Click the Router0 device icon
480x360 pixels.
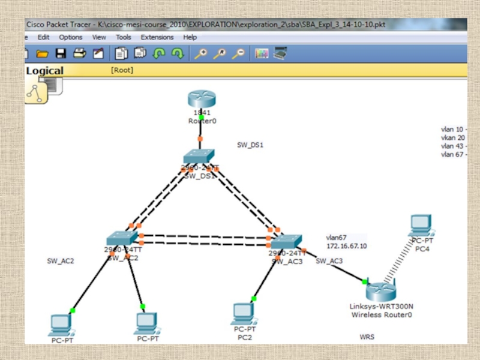point(200,99)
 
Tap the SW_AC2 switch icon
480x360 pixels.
point(122,238)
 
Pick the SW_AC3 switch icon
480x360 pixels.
point(286,241)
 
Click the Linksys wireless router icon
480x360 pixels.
point(381,292)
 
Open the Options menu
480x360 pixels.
point(71,37)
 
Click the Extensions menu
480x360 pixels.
point(157,37)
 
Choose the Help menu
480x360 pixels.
point(190,37)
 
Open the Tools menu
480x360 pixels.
point(124,37)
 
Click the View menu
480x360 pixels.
point(99,37)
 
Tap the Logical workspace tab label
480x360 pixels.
point(44,71)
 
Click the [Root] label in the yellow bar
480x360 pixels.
point(122,70)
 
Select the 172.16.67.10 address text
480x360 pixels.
point(346,246)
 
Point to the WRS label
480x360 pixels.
point(367,337)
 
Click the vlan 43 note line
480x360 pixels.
point(453,146)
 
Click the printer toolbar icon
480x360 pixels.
point(79,53)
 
